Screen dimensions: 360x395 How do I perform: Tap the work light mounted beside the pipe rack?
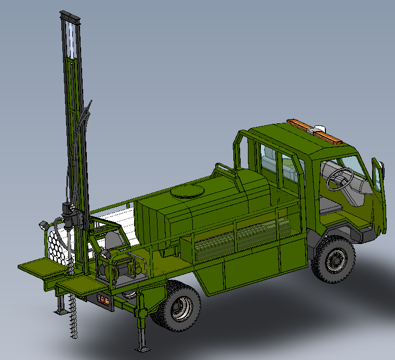pyautogui.click(x=43, y=226)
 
